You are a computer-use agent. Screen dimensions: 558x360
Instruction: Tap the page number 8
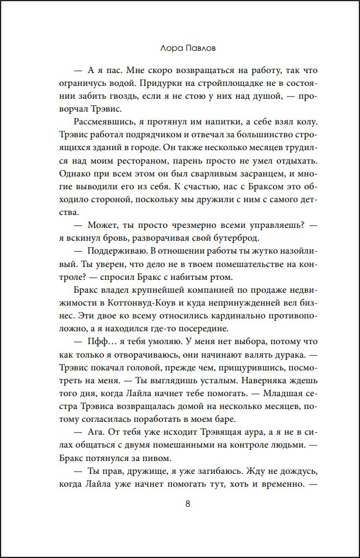pos(179,505)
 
